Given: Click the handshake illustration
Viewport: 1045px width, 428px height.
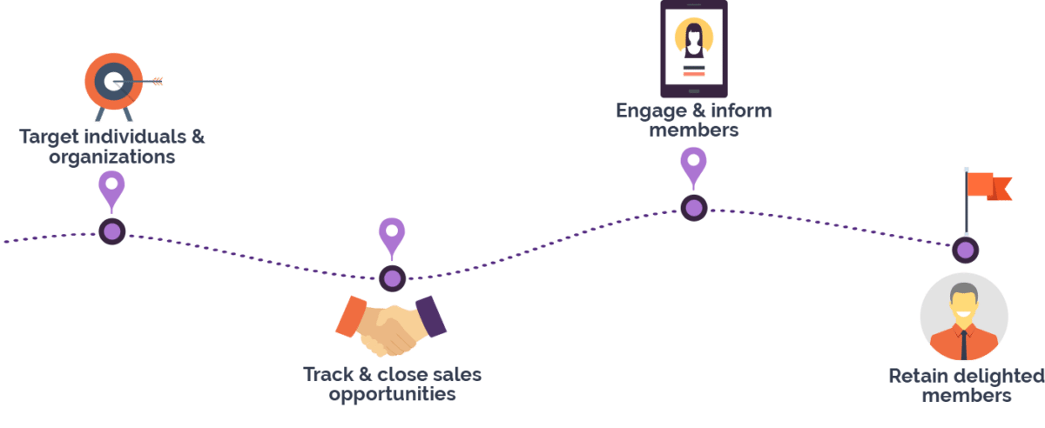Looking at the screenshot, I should [390, 325].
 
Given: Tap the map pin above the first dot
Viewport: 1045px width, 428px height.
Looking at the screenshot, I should [111, 190].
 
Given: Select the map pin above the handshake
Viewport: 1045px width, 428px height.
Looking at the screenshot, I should [392, 237].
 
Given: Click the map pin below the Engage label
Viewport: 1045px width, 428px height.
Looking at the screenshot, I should [693, 165].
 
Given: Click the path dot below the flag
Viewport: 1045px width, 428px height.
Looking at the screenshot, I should [965, 251].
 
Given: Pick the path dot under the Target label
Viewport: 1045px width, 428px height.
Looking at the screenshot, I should [111, 231].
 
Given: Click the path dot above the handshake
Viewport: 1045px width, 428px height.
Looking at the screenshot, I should [392, 278].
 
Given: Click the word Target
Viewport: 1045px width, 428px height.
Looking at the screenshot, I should [49, 137].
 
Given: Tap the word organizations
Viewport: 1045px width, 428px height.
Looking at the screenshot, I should [112, 157].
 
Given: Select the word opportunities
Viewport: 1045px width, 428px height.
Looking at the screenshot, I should [392, 394].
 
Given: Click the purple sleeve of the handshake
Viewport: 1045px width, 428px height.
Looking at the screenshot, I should [433, 315].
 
